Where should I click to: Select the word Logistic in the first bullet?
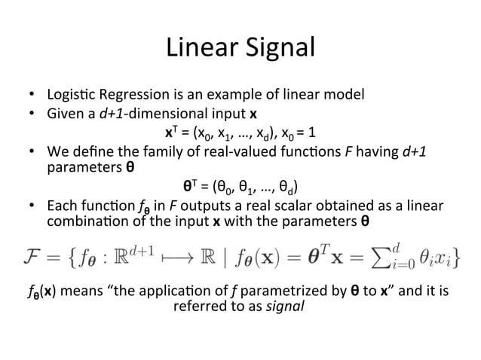(69, 95)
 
